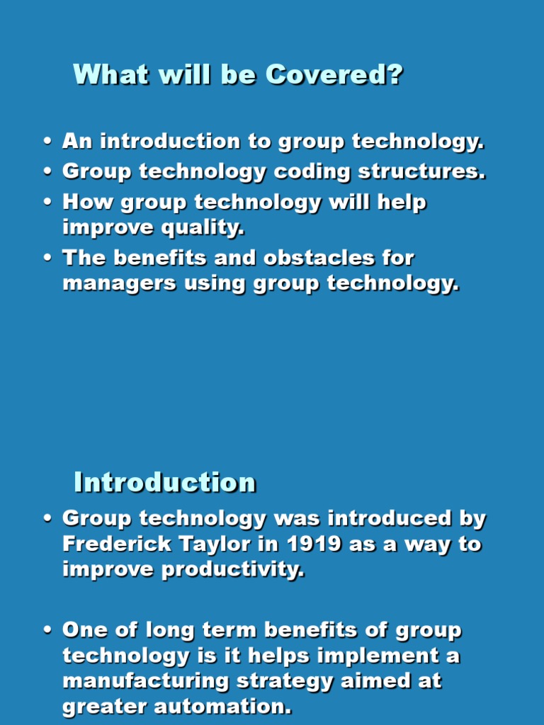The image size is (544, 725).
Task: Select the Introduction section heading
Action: pos(165,483)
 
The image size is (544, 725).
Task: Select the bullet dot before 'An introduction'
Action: pos(47,142)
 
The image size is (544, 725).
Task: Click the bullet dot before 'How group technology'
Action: pos(47,203)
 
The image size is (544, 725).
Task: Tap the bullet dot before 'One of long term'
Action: pos(47,631)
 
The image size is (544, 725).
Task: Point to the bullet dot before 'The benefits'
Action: pos(47,258)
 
